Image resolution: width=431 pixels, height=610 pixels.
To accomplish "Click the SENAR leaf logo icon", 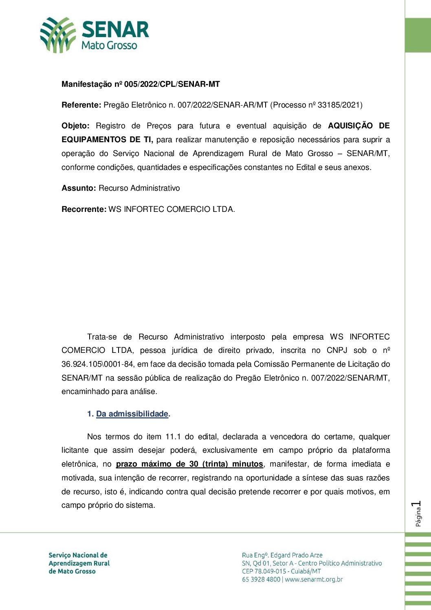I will click(x=58, y=35).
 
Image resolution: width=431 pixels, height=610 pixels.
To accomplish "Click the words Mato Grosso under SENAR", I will click(x=109, y=45).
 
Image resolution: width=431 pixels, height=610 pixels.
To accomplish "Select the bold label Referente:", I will click(x=81, y=105).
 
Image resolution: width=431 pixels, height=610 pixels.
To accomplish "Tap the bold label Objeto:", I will click(x=75, y=126).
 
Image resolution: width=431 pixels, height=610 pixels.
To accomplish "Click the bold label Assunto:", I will click(x=79, y=188).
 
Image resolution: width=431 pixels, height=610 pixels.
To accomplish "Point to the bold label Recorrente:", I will click(x=84, y=209).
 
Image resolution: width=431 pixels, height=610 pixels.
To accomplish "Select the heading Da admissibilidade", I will click(x=132, y=414).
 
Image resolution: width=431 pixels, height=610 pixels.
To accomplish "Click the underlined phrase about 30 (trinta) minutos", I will click(x=189, y=464).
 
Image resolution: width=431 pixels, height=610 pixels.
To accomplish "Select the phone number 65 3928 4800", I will click(x=261, y=579).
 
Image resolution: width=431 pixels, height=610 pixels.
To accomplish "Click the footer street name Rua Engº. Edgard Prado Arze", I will click(x=282, y=555).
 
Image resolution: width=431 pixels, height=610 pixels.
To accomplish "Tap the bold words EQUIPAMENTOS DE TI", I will click(x=107, y=140).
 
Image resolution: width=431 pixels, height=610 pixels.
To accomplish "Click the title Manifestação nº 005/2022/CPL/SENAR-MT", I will click(x=141, y=84).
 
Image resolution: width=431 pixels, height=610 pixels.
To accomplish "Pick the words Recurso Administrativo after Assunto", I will click(x=139, y=188).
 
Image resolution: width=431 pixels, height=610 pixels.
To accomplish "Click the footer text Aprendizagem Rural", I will click(x=79, y=563).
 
